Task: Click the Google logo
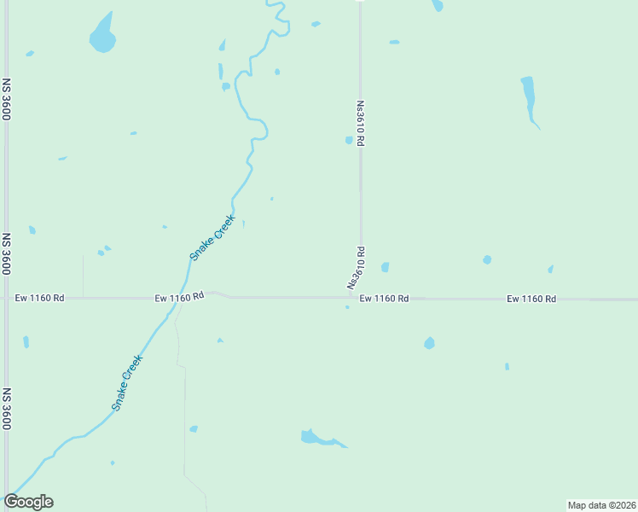click(x=29, y=502)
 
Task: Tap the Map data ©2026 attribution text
click(x=601, y=504)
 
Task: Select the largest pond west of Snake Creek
click(x=102, y=36)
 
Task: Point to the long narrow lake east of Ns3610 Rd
click(x=529, y=96)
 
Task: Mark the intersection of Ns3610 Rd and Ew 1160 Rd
click(x=360, y=298)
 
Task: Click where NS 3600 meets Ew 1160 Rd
click(x=7, y=298)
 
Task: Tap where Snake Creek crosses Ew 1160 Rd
click(x=182, y=298)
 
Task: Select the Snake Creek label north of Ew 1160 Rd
click(x=212, y=237)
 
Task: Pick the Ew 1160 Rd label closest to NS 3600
click(x=40, y=298)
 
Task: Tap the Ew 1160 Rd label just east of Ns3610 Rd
click(x=384, y=299)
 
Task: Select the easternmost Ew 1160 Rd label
click(x=531, y=299)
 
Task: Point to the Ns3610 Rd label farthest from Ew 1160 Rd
click(x=360, y=125)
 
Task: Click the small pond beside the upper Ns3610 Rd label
click(x=349, y=140)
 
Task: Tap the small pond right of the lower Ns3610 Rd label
click(x=385, y=267)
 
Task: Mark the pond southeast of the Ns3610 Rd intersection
click(x=429, y=343)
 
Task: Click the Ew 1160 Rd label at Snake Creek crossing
click(x=179, y=297)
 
